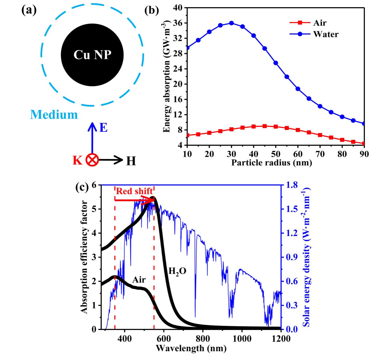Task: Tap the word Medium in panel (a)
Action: pos(54,115)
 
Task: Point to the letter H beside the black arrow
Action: pos(131,161)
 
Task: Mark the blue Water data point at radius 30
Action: pos(232,23)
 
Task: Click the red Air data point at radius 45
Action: pos(265,126)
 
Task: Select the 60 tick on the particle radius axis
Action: pos(298,154)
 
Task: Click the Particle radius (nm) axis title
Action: pos(271,162)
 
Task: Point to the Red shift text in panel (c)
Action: pos(134,191)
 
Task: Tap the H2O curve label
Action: pos(177,271)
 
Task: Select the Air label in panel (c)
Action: pos(139,280)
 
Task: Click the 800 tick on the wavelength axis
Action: pos(203,339)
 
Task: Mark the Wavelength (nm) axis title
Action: pos(191,348)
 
